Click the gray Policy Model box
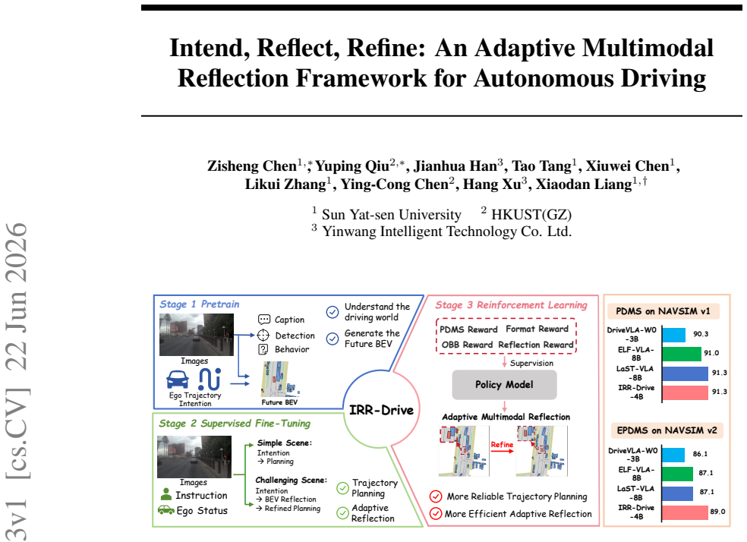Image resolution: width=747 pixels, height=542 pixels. [x=504, y=384]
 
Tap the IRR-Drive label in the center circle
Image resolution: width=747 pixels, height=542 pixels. [x=381, y=410]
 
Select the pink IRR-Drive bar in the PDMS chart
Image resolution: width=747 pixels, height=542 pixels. [x=685, y=392]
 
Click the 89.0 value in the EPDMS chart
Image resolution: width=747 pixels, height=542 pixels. [x=717, y=512]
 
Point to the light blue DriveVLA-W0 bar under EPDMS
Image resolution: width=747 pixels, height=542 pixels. [x=673, y=455]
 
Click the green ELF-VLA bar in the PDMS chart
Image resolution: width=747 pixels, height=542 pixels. [x=682, y=354]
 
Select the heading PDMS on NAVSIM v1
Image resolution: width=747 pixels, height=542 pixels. [x=663, y=311]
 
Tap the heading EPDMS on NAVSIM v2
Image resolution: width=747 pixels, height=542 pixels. [x=667, y=430]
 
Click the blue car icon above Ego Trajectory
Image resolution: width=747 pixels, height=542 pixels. [x=177, y=380]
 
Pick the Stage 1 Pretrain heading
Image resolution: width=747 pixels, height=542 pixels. [x=199, y=304]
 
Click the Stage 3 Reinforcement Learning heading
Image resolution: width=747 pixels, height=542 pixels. [x=511, y=305]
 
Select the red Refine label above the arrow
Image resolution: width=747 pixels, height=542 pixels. [x=502, y=444]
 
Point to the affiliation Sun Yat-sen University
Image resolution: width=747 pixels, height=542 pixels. [x=391, y=215]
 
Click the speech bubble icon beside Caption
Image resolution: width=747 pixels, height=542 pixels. [x=264, y=319]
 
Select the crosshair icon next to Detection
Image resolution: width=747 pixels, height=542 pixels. [x=263, y=336]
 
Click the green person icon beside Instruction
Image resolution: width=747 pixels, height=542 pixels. [x=165, y=494]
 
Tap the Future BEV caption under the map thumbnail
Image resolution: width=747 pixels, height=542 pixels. [x=279, y=402]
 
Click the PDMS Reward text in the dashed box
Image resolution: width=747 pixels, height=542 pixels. [x=468, y=329]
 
